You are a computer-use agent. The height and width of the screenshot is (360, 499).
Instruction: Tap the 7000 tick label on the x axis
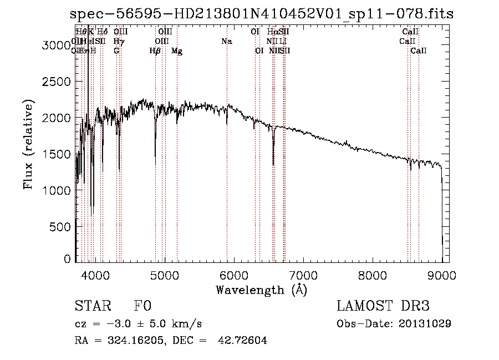point(303,275)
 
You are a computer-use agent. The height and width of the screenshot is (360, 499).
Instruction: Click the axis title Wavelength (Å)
point(262,290)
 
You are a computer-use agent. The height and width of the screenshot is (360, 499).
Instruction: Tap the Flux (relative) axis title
point(28,145)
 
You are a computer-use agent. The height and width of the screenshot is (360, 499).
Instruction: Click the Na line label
point(226,42)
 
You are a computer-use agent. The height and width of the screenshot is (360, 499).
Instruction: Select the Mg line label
point(177,51)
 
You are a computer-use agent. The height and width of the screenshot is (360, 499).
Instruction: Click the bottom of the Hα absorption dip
point(273,164)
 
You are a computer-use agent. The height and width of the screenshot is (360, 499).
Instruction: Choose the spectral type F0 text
point(142,306)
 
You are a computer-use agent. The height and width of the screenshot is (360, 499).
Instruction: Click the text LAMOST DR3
point(383,306)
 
